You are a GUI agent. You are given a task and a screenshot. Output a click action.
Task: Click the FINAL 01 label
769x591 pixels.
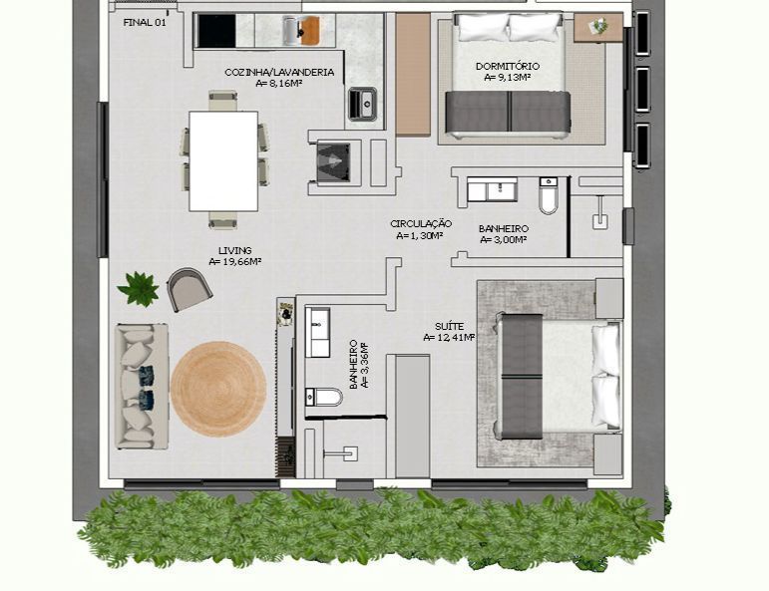coord(145,22)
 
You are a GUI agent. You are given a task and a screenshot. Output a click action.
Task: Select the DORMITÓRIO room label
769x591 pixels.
coord(508,66)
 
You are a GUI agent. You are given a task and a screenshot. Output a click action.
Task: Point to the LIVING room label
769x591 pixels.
coord(235,250)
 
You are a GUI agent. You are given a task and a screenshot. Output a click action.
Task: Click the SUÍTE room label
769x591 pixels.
coord(449,326)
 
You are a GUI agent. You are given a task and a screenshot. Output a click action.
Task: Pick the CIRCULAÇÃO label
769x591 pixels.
coord(421,224)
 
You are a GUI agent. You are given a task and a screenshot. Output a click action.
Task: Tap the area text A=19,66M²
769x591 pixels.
coord(235,262)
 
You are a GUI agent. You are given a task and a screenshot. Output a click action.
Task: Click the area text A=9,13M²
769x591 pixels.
coord(508,77)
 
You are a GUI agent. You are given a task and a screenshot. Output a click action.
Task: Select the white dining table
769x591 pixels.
coord(223,160)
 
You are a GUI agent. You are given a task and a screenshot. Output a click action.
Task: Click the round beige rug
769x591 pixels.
coord(218,388)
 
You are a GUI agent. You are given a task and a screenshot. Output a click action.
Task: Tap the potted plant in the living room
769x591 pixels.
coord(139,289)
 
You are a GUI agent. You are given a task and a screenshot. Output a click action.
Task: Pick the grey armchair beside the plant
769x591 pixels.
coord(190,289)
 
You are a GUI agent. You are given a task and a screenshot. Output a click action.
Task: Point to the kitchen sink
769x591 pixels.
coord(362,102)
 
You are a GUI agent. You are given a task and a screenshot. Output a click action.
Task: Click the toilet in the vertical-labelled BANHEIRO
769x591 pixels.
coord(325,397)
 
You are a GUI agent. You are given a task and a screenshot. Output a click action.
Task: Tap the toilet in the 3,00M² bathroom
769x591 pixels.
coord(549,198)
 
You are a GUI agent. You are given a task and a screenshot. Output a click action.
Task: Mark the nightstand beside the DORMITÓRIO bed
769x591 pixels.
coord(599,27)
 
